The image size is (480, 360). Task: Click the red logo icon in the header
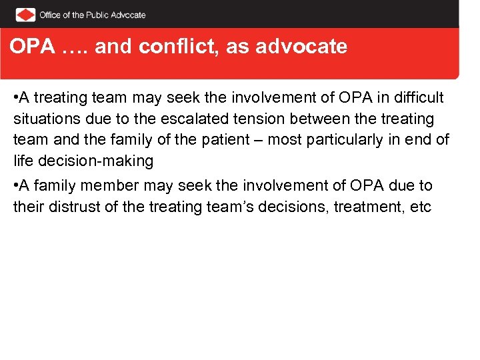pos(25,14)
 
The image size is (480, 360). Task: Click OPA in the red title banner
pos(31,47)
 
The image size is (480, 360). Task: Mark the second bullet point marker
pos(16,186)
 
